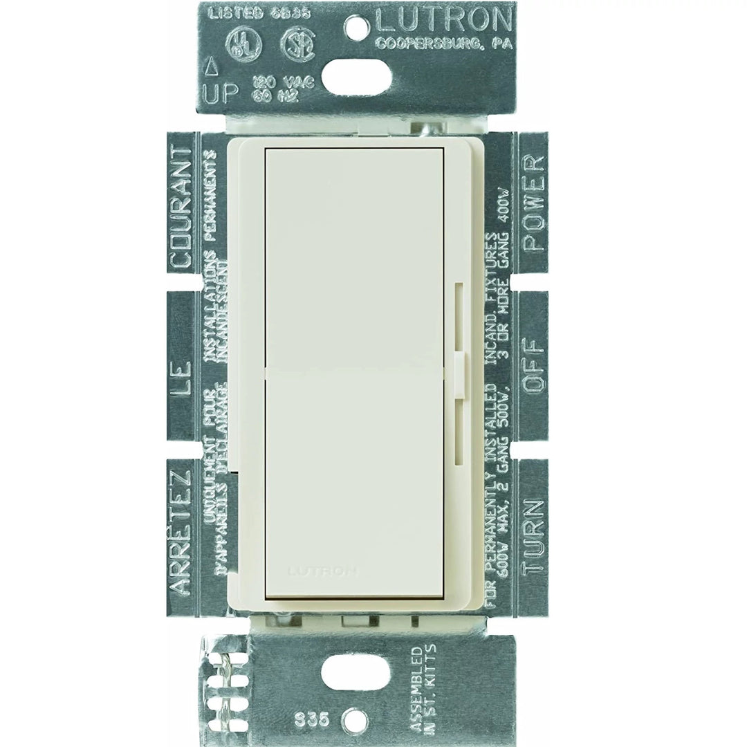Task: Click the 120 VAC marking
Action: coord(295,82)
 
